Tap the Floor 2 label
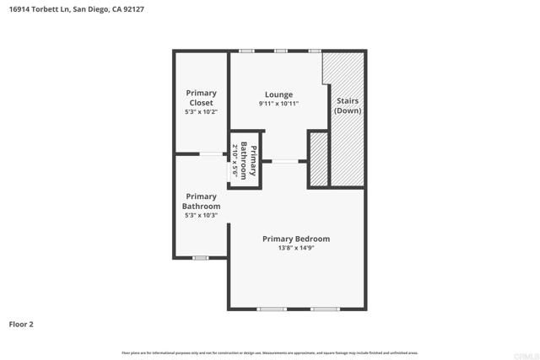click(x=21, y=324)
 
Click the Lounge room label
click(x=278, y=94)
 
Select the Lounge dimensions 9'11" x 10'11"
click(x=278, y=104)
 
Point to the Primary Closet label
click(x=201, y=98)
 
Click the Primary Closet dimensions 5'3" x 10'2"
click(x=201, y=112)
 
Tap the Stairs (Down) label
click(x=348, y=105)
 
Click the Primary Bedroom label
click(x=295, y=239)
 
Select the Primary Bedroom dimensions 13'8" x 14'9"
click(x=295, y=249)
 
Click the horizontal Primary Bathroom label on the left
click(x=201, y=201)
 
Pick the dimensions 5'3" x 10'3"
click(x=201, y=216)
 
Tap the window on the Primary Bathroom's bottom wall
click(x=200, y=257)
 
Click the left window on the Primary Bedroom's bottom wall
click(x=270, y=309)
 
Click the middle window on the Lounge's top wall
click(x=279, y=51)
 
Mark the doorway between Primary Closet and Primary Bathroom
click(x=211, y=153)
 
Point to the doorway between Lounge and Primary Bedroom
click(x=284, y=161)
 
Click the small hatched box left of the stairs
click(x=318, y=159)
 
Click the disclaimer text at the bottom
click(x=270, y=352)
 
